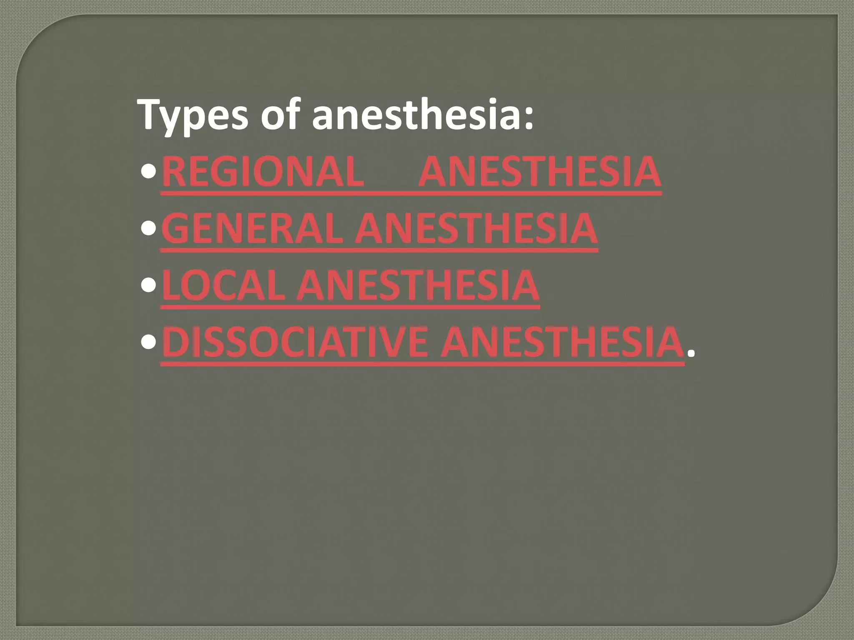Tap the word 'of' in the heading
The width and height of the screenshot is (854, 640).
tap(280, 113)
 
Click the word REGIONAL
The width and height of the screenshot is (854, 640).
tap(263, 172)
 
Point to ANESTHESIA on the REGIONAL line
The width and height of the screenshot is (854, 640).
tap(540, 172)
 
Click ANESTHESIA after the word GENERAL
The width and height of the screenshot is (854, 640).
tap(476, 228)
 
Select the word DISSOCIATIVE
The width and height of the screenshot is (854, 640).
tap(294, 342)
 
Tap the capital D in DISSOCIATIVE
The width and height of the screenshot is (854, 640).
tap(175, 342)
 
